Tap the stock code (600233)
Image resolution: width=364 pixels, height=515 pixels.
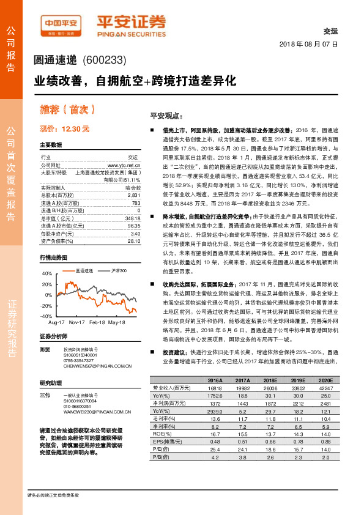[103, 60]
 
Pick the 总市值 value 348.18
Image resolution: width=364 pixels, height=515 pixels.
[132, 218]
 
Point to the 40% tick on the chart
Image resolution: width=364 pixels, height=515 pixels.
[46, 274]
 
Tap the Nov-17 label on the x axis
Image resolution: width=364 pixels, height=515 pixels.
[77, 321]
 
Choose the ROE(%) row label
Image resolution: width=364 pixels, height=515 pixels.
[160, 434]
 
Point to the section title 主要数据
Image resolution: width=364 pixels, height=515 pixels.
[51, 145]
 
